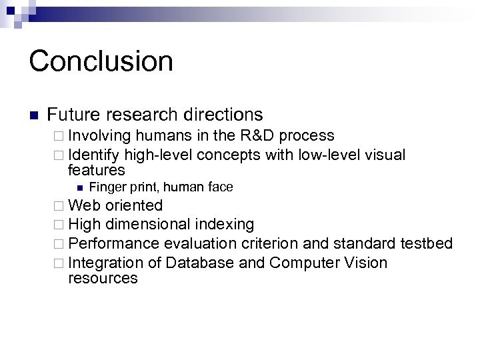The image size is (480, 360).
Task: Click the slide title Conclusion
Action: pyautogui.click(x=101, y=61)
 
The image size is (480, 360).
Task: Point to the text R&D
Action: pyautogui.click(x=255, y=136)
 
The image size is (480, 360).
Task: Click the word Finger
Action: pyautogui.click(x=106, y=187)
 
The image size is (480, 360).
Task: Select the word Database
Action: pyautogui.click(x=200, y=263)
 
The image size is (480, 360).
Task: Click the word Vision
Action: pyautogui.click(x=365, y=263)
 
